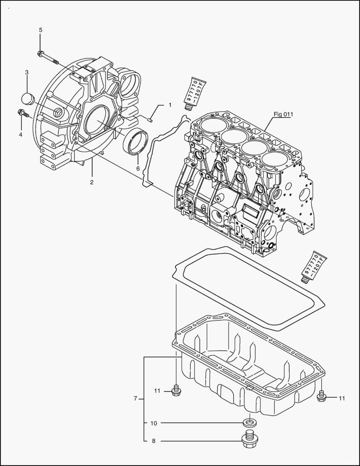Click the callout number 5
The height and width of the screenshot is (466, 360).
pos(41,30)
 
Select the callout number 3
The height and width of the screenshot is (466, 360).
pos(27,72)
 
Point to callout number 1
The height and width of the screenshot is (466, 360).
pos(170,105)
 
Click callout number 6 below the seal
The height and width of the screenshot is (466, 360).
pos(138,168)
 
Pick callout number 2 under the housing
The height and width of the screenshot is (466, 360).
pos(91,182)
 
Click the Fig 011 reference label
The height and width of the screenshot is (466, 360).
pos(283,114)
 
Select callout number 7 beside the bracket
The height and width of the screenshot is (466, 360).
pos(135,399)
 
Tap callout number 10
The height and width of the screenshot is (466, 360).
pos(153,423)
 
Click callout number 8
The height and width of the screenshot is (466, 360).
pos(153,441)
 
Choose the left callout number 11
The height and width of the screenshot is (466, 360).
pos(157,391)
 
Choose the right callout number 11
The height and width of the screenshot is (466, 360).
pos(341,398)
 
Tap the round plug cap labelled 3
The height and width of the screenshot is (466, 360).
pos(28,98)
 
